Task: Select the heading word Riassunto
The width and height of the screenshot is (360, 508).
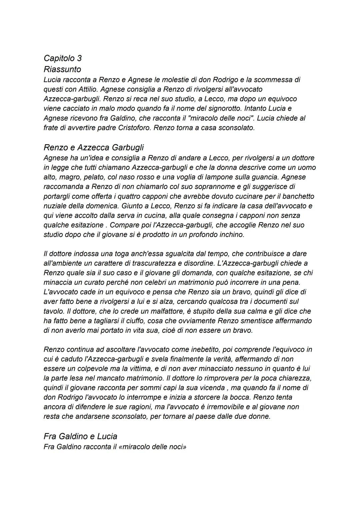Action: pos(62,69)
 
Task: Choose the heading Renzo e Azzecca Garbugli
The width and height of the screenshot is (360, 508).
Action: pos(94,147)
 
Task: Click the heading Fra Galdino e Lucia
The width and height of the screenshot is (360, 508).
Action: pos(80,436)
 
